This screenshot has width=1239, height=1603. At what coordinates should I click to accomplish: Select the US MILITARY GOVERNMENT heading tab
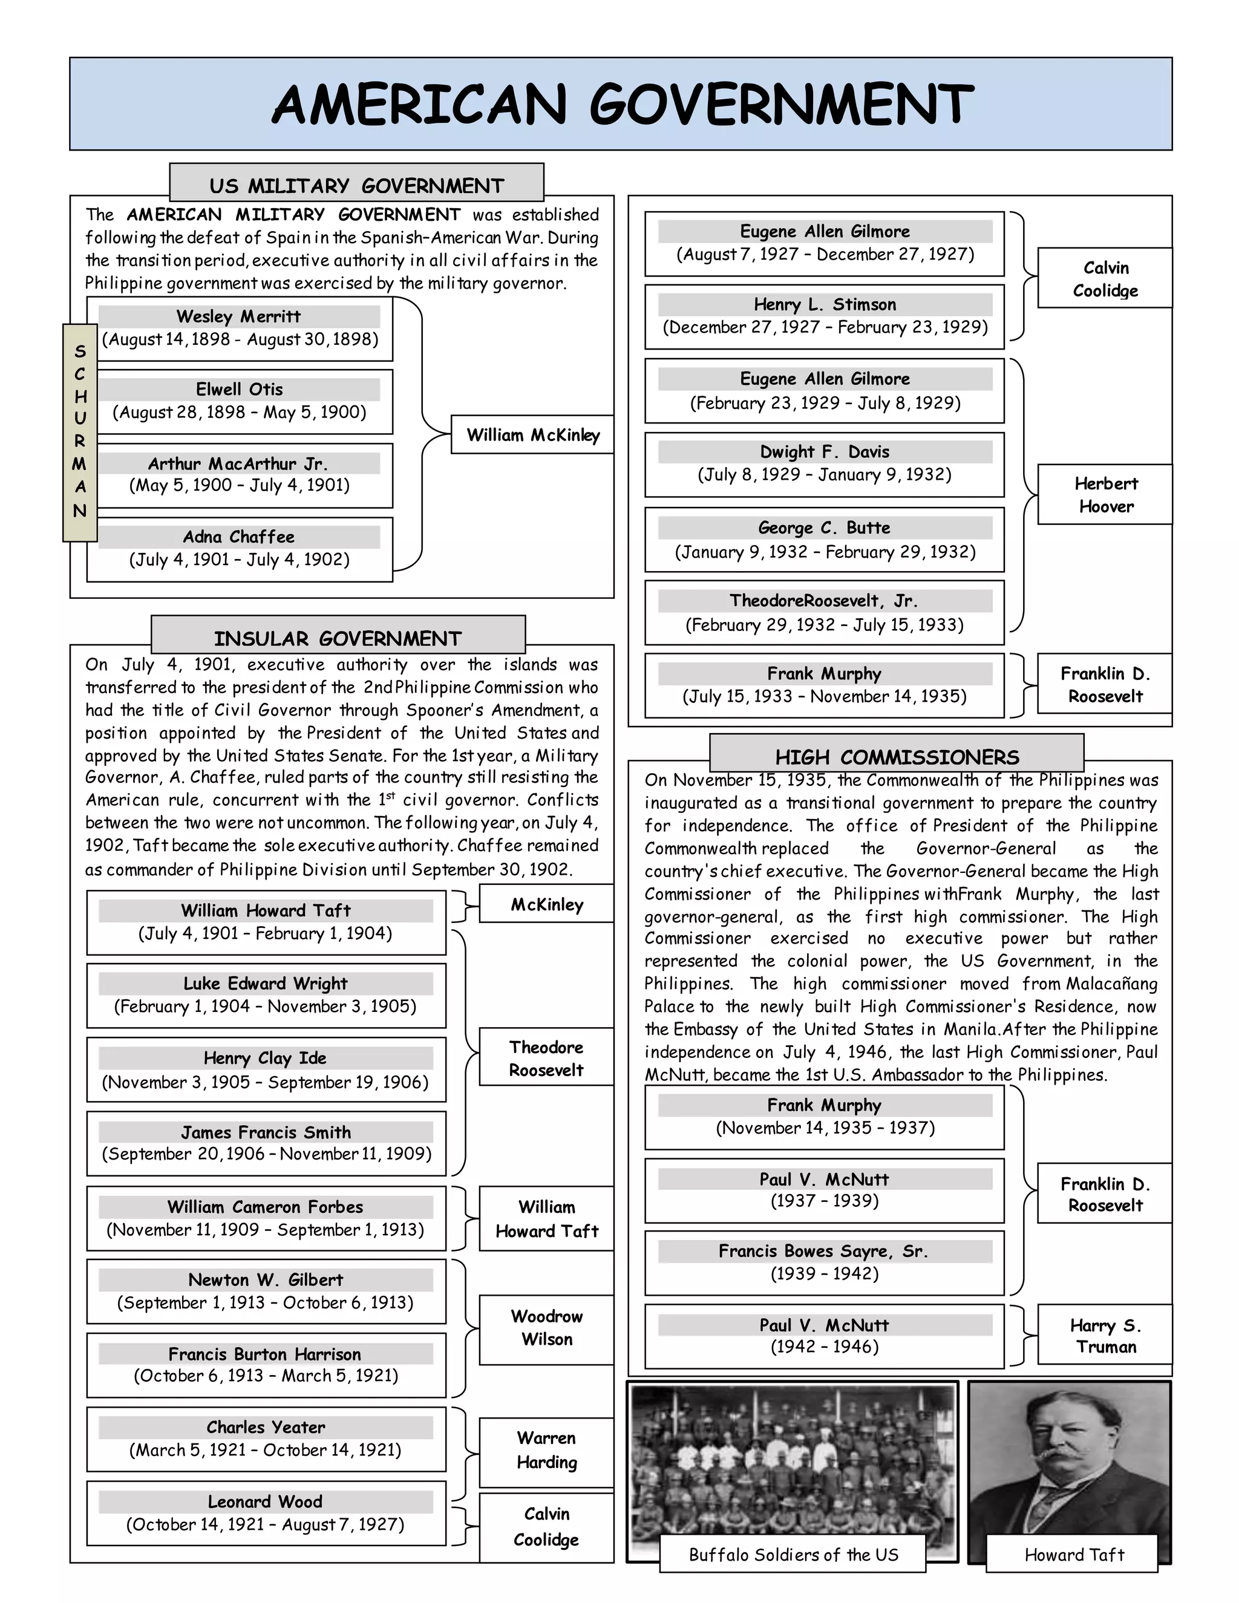[357, 185]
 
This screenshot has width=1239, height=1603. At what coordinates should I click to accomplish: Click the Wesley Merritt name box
[240, 316]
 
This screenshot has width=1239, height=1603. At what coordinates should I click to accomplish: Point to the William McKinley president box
[533, 436]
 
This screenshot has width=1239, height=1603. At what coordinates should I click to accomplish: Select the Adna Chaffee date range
[240, 560]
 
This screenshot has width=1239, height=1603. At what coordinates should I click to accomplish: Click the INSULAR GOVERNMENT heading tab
[338, 638]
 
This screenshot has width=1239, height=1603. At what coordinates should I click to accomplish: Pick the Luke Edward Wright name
[266, 983]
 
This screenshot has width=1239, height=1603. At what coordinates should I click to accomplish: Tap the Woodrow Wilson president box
[547, 1327]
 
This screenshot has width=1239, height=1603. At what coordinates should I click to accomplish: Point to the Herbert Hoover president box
[1105, 495]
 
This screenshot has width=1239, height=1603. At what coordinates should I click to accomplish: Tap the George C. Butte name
[825, 527]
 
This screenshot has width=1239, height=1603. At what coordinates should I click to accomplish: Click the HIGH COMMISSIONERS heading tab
[897, 757]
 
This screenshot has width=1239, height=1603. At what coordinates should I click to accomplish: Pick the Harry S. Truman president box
[1105, 1336]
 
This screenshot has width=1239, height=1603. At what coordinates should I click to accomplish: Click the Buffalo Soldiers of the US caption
[793, 1555]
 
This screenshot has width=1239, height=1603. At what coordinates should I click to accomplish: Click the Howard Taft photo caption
[1074, 1555]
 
